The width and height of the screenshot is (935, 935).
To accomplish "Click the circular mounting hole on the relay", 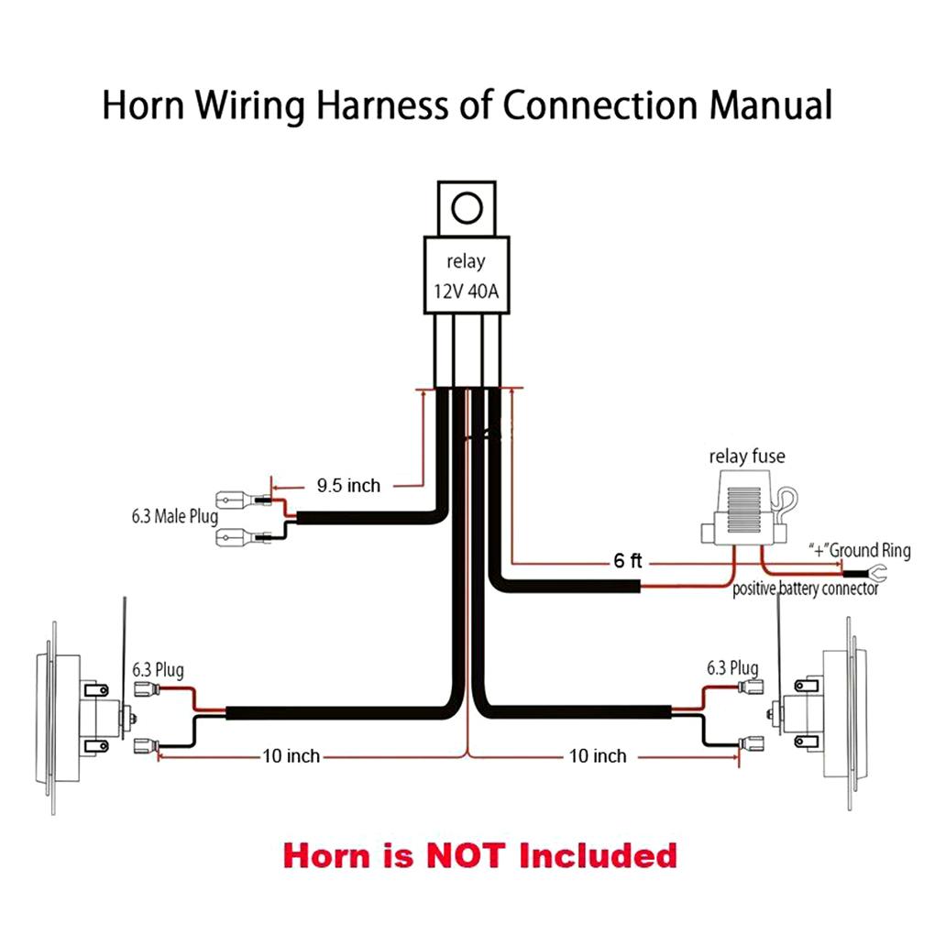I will pyautogui.click(x=467, y=206).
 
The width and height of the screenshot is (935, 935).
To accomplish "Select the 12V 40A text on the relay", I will pyautogui.click(x=467, y=291).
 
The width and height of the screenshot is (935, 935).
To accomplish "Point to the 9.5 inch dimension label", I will pyautogui.click(x=348, y=486).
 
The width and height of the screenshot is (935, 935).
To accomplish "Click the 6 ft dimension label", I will pyautogui.click(x=628, y=561).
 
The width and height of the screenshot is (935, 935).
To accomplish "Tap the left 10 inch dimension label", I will pyautogui.click(x=291, y=756).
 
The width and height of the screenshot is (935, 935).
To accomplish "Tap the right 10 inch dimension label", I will pyautogui.click(x=598, y=756).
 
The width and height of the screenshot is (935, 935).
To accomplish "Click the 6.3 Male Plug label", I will pyautogui.click(x=173, y=517).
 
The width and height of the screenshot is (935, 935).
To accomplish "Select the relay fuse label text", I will pyautogui.click(x=747, y=456).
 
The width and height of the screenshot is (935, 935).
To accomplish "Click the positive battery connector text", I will pyautogui.click(x=805, y=589).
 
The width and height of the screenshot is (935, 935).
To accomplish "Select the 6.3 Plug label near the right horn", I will pyautogui.click(x=731, y=668).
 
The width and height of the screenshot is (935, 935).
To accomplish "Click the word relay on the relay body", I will pyautogui.click(x=467, y=261).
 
